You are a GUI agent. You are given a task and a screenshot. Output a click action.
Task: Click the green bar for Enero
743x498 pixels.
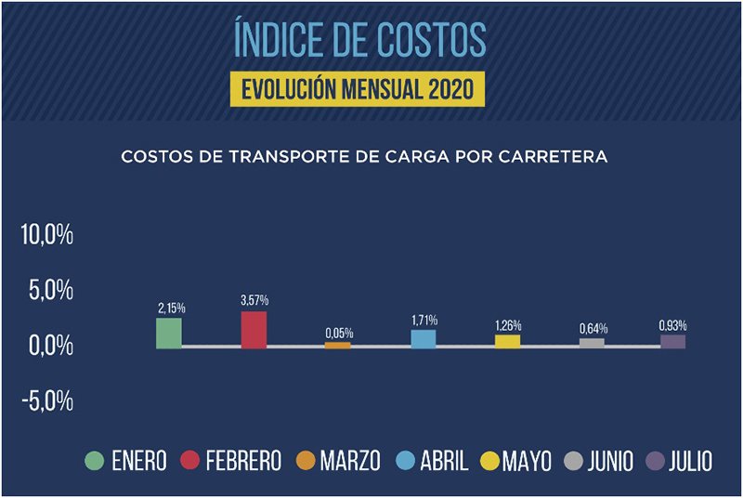pyautogui.click(x=169, y=333)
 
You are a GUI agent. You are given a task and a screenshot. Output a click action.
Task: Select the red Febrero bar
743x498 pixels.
pyautogui.click(x=254, y=330)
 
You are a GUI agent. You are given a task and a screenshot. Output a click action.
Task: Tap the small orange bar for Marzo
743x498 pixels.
pyautogui.click(x=337, y=345)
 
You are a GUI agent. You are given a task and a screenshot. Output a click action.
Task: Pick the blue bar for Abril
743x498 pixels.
pyautogui.click(x=424, y=338)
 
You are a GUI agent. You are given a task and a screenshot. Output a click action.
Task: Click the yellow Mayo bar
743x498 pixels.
pyautogui.click(x=507, y=341)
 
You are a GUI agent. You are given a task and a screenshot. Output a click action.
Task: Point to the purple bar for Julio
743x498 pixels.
pyautogui.click(x=673, y=341)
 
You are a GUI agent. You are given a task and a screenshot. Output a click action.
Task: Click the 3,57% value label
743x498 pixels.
pyautogui.click(x=254, y=300)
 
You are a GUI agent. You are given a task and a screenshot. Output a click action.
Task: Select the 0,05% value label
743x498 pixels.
pyautogui.click(x=338, y=332)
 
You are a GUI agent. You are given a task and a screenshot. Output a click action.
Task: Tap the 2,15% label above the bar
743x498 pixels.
pyautogui.click(x=169, y=308)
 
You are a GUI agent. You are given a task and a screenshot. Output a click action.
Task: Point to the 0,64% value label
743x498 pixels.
pyautogui.click(x=592, y=328)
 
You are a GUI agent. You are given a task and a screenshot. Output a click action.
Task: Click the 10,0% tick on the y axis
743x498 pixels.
pyautogui.click(x=47, y=235)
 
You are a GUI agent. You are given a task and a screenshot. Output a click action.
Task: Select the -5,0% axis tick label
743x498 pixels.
pyautogui.click(x=47, y=401)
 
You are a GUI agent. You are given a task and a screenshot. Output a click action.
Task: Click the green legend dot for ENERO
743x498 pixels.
pyautogui.click(x=94, y=461)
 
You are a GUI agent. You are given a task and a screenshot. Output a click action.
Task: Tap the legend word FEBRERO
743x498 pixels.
pyautogui.click(x=244, y=461)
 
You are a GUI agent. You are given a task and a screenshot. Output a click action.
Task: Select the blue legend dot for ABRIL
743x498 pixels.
pyautogui.click(x=407, y=461)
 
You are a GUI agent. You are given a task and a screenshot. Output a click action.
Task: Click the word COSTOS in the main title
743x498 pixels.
pyautogui.click(x=430, y=40)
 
